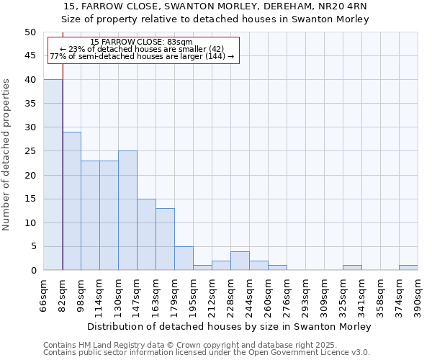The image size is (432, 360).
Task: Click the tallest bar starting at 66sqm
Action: pos(53,175)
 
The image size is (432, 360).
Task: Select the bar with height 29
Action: pos(71,201)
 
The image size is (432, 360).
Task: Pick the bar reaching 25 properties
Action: pos(127,210)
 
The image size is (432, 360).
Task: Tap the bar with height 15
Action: pos(146,234)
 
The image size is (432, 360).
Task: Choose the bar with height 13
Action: pos(165,239)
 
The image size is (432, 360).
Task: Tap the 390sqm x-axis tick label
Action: pos(418,294)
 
